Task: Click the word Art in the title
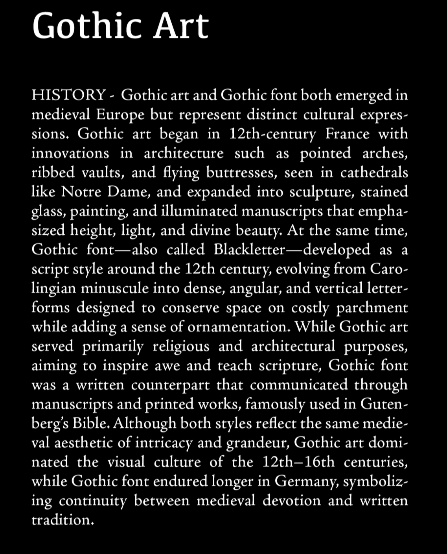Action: tap(180, 26)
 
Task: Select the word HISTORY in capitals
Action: tap(69, 95)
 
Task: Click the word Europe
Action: tap(120, 115)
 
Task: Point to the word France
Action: tap(347, 134)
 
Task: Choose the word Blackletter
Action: tap(249, 250)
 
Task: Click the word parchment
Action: tap(372, 308)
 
